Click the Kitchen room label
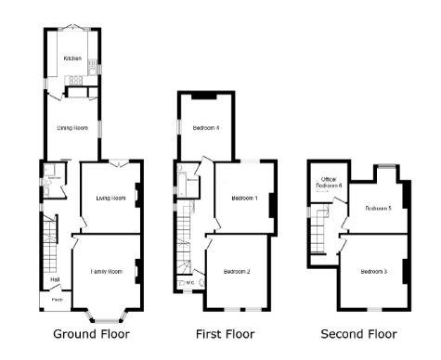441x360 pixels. (x=72, y=58)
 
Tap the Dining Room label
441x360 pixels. (x=72, y=127)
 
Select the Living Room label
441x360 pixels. (x=110, y=198)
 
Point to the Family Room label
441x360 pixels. (x=106, y=271)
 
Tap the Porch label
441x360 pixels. (x=57, y=299)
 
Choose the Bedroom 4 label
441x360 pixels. (x=206, y=127)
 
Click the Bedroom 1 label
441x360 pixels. (x=244, y=198)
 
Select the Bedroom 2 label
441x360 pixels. (x=237, y=271)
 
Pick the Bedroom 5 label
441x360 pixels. (x=377, y=208)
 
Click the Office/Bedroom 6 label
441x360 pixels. (x=330, y=183)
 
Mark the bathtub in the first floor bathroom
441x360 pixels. (x=193, y=183)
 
